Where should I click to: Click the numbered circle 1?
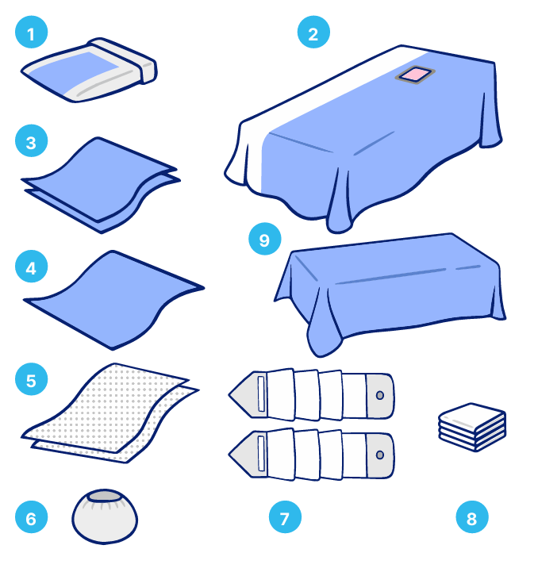pos(32,32)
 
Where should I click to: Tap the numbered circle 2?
pos(313,32)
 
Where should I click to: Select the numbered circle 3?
pos(32,140)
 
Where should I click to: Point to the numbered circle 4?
pos(32,267)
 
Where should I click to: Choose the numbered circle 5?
pos(32,379)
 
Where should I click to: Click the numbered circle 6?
pos(32,517)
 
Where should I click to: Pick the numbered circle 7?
pos(285,517)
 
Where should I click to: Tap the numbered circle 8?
pos(472,517)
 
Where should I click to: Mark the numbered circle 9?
pos(264,239)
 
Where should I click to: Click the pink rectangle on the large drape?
pos(415,75)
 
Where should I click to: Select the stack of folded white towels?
pos(472,427)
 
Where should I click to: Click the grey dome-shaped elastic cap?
pos(105,516)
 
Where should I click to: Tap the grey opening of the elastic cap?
pos(105,496)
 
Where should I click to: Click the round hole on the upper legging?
pos(379,395)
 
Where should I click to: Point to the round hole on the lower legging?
pos(379,455)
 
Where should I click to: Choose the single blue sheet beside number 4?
pos(113,300)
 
